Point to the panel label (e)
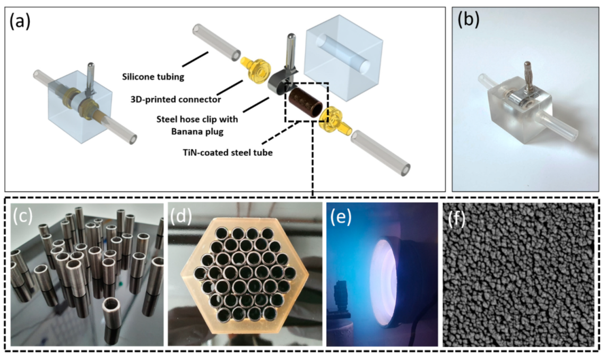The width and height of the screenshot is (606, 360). tap(340, 218)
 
